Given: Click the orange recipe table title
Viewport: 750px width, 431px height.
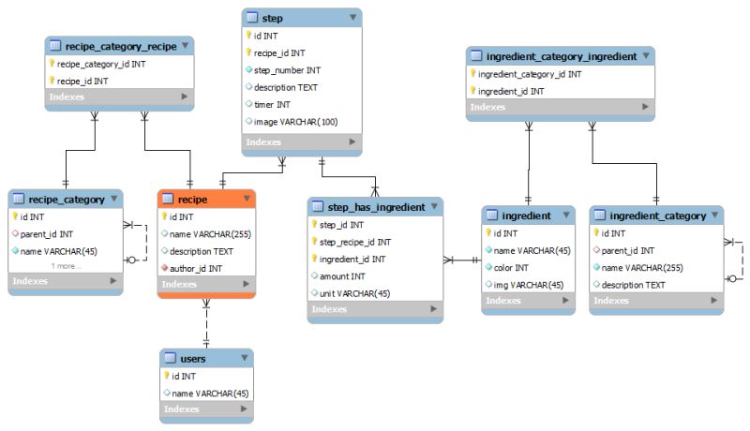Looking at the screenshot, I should pyautogui.click(x=192, y=199).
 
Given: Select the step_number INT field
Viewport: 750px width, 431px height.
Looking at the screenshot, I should pyautogui.click(x=287, y=70).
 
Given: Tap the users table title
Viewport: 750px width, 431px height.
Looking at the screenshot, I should pyautogui.click(x=192, y=358).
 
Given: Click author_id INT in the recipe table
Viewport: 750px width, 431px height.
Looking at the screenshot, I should pyautogui.click(x=196, y=268).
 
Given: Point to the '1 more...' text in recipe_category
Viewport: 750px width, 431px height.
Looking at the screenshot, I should pyautogui.click(x=66, y=266).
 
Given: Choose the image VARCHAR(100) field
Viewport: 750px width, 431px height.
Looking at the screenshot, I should pyautogui.click(x=295, y=122).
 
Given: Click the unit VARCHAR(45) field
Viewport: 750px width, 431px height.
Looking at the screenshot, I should pyautogui.click(x=357, y=293).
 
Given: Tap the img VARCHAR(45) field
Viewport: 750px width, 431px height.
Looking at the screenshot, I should pyautogui.click(x=529, y=284).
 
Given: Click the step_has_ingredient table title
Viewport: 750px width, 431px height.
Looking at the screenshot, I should pyautogui.click(x=374, y=206).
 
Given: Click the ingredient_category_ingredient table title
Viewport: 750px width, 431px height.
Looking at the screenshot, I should pyautogui.click(x=562, y=56).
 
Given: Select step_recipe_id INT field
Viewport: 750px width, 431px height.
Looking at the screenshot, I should pyautogui.click(x=355, y=243).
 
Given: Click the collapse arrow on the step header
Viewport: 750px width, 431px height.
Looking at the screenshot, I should pyautogui.click(x=352, y=18).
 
